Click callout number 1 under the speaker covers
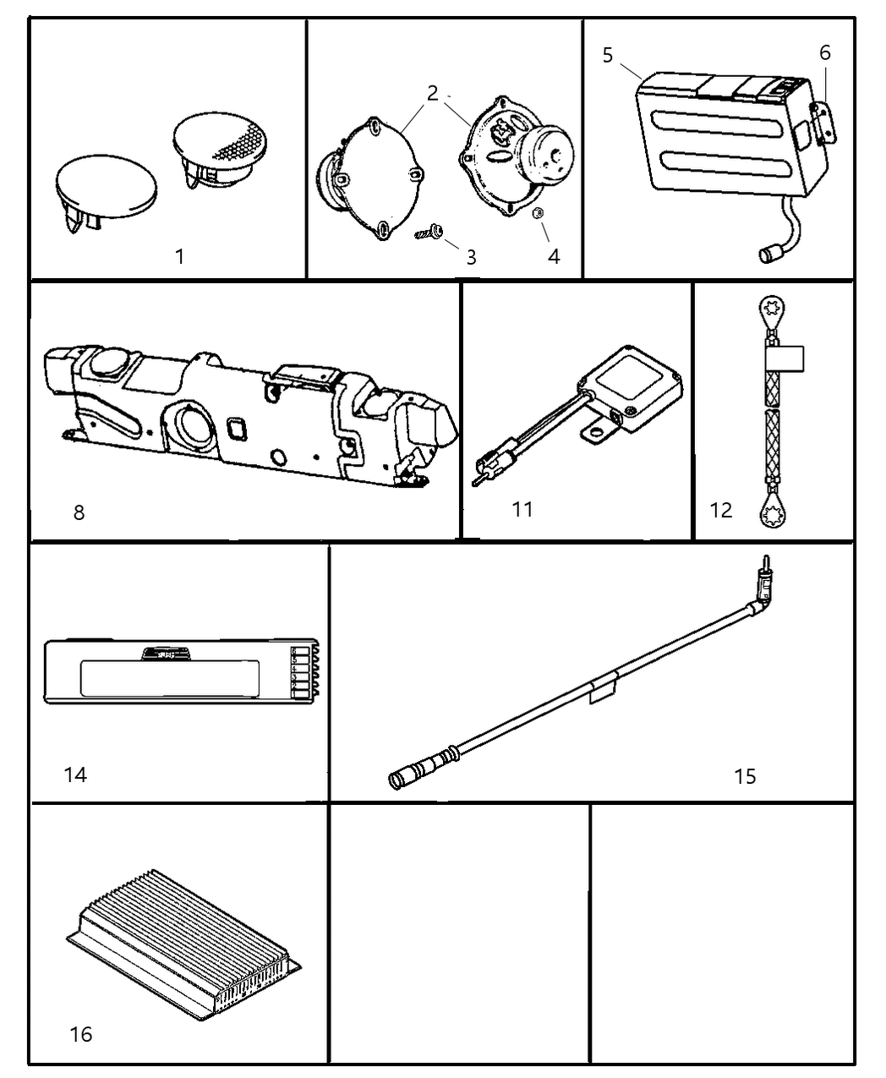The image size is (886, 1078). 179,255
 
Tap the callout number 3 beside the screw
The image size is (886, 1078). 471,257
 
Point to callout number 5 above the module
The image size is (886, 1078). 608,55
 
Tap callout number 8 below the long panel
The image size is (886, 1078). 79,512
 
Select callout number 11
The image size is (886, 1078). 522,509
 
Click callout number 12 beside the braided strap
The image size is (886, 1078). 721,510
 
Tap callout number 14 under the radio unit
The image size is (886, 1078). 75,774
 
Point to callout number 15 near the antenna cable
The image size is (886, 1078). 745,775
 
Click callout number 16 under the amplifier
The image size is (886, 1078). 81,1033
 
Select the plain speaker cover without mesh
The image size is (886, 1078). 106,186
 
